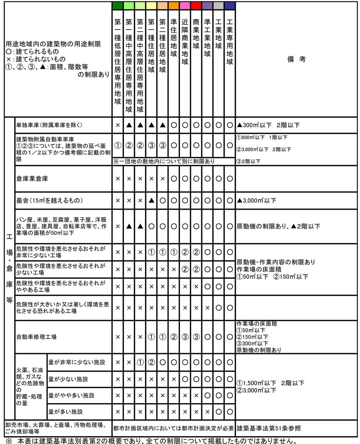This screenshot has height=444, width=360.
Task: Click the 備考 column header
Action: pos(296,59)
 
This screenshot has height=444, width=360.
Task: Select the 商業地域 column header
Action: pos(196,34)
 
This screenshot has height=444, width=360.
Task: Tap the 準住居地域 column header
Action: pos(174,38)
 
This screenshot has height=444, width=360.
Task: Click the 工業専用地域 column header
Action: pos(229,41)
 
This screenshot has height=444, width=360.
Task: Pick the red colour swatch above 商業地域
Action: pos(196,6)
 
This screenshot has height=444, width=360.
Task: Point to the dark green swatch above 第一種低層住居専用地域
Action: pos(117,6)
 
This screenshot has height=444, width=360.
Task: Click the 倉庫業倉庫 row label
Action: pos(32,179)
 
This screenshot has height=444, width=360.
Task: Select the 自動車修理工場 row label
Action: pos(36,337)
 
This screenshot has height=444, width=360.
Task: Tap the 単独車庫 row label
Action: pos(49,125)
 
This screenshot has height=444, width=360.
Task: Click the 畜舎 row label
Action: pos(46,201)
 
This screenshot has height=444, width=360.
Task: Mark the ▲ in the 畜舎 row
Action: pos(151,201)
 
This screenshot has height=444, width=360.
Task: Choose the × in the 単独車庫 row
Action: pos(117,125)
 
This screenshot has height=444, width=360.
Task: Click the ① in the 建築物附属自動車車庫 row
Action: pos(117,145)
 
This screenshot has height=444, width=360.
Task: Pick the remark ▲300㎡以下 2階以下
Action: pos(268,125)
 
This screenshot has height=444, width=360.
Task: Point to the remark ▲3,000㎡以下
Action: pos(256,201)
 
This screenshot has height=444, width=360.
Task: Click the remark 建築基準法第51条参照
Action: pos(269,429)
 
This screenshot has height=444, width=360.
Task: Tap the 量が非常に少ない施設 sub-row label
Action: pos(77,362)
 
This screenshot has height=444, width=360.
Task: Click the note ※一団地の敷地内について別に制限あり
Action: pos(164,161)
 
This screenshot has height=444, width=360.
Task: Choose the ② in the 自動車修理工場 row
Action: pos(174,337)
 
